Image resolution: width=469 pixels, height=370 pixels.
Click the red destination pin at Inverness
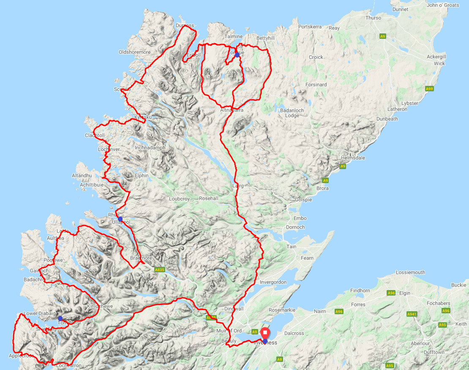pos(265,333)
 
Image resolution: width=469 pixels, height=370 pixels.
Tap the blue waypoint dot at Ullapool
pos(120,219)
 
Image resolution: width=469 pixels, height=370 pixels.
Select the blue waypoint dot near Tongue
pos(237,55)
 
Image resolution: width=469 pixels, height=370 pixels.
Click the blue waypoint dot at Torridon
pos(60,318)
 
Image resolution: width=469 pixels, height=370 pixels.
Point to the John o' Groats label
pos(443,5)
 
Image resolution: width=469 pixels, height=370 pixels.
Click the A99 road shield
pos(429,89)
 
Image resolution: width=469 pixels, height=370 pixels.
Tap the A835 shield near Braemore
pos(159,269)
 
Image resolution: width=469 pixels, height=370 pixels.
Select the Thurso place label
pos(373,18)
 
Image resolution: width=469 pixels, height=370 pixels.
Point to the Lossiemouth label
pos(410,272)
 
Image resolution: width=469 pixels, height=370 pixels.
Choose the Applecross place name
pos(21,356)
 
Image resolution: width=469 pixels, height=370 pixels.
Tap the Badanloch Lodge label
pos(292,113)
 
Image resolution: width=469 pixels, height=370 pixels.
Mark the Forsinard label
pos(316,85)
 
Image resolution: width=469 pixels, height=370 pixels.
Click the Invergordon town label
pos(273,282)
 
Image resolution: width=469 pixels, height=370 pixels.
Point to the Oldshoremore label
pos(134,52)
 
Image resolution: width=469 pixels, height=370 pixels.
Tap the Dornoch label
pos(295,227)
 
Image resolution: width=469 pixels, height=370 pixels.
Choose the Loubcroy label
pos(179,199)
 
